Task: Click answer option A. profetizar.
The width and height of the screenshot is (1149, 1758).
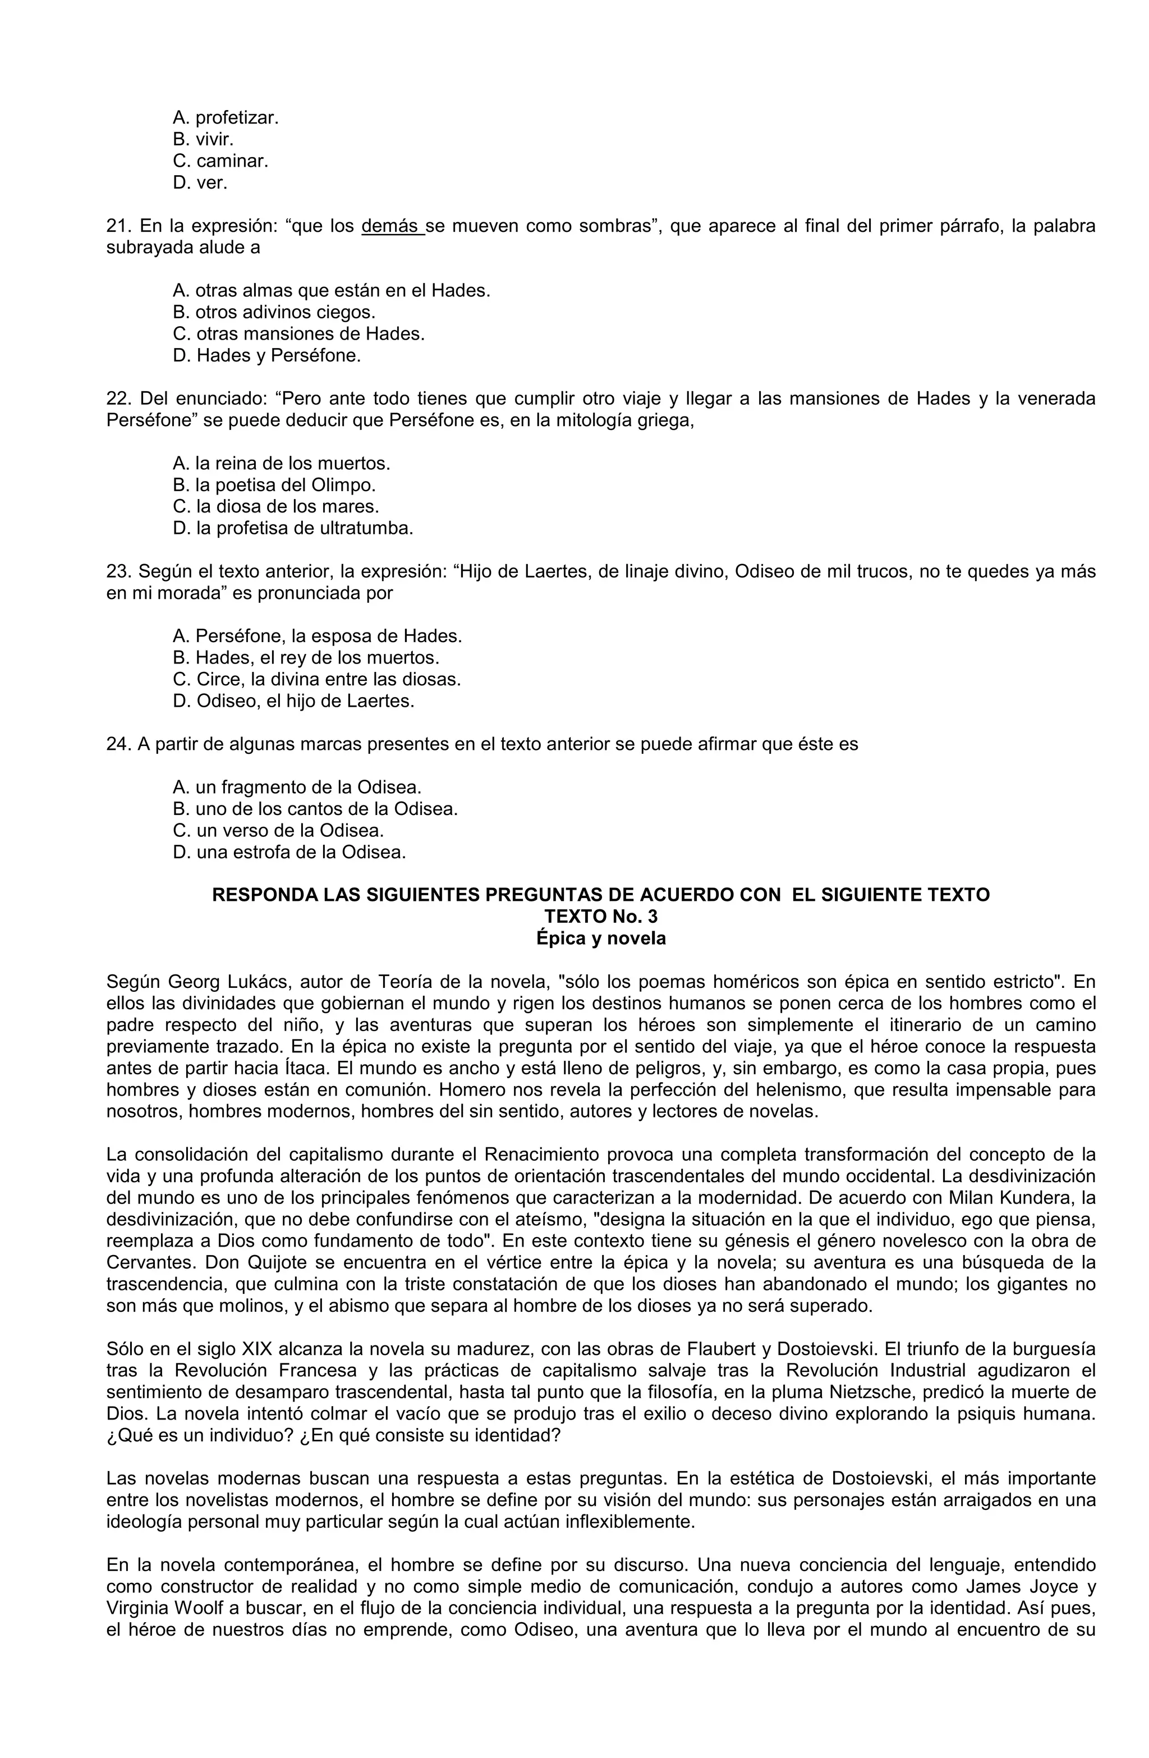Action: pos(225,117)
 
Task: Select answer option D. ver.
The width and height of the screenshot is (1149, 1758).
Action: pos(200,182)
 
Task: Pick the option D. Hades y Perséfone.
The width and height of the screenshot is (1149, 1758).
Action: pos(266,356)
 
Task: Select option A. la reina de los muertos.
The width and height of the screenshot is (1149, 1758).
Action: pos(281,464)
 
